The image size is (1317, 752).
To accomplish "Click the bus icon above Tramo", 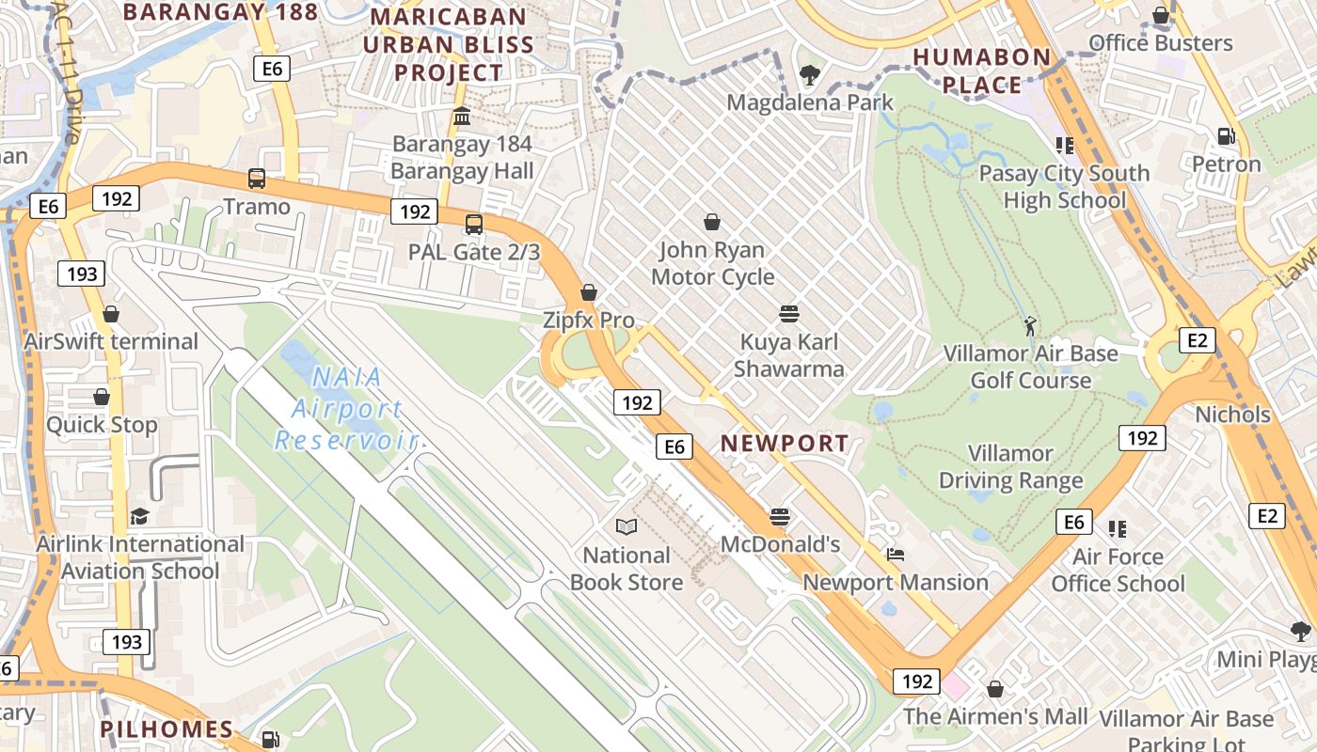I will [x=256, y=179].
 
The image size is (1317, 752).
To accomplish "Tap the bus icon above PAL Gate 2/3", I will [x=474, y=225].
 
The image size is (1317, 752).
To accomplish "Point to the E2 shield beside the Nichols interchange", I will [x=1197, y=340].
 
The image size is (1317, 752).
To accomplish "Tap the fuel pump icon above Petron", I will [x=1226, y=136].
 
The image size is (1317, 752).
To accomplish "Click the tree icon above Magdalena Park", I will [x=809, y=74].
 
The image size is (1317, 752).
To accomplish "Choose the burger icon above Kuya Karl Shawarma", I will [x=789, y=313].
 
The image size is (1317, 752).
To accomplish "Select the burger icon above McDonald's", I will [x=779, y=516].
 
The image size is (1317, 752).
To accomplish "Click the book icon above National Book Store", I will [x=627, y=527].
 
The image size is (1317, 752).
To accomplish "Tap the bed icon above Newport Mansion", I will [x=896, y=555].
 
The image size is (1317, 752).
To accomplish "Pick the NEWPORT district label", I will [x=785, y=443].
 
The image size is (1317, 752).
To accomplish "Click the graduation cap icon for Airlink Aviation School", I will [x=139, y=516].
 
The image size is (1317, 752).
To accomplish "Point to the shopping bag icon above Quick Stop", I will [x=102, y=397].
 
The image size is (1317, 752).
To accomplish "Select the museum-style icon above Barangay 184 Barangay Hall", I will [x=462, y=117].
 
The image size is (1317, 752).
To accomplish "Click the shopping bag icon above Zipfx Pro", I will [x=589, y=292].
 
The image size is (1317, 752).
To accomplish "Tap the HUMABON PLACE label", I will [x=982, y=70].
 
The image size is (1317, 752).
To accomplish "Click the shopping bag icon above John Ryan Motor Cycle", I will [x=712, y=222].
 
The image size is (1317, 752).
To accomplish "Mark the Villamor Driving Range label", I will [x=1011, y=467].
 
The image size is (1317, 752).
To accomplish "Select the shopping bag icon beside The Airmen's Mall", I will [x=995, y=690].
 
